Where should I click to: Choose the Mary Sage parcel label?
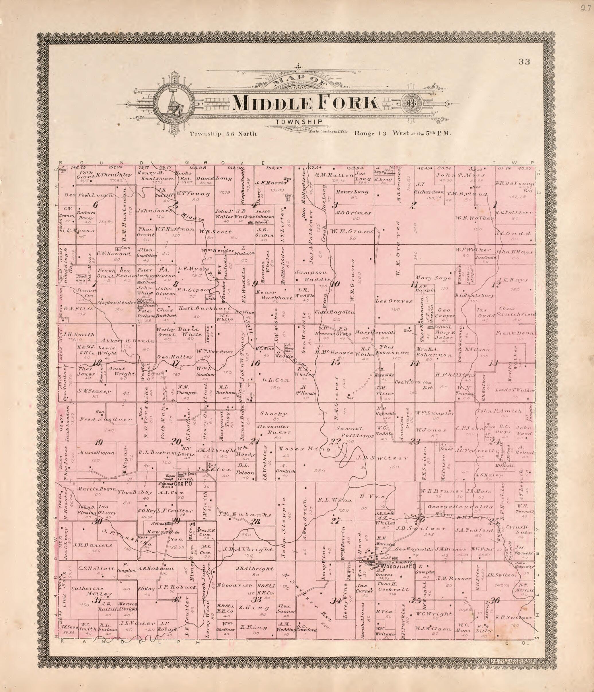[x=433, y=278]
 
